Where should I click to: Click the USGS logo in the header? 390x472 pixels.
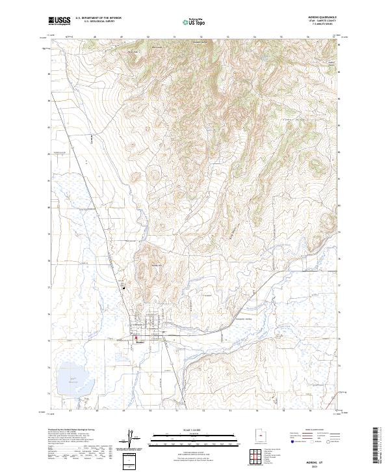coord(59,21)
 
